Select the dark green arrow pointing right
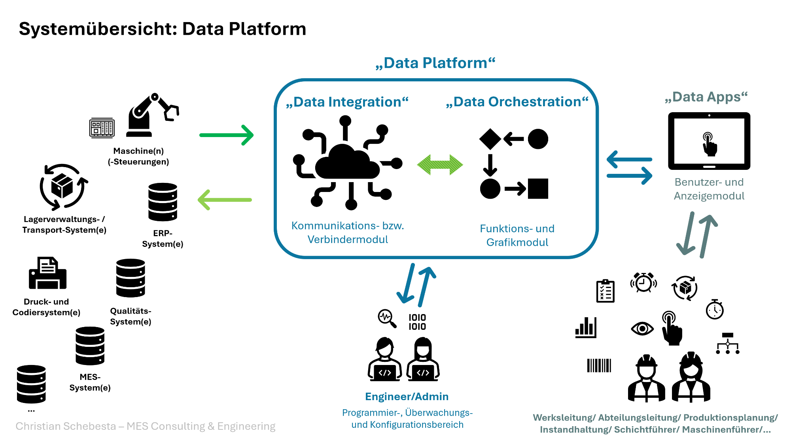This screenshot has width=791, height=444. tap(226, 135)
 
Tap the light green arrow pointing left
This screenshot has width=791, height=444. tap(225, 200)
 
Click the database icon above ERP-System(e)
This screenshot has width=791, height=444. tap(163, 202)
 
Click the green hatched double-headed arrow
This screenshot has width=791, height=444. tap(440, 165)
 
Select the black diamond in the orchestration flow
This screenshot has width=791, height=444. tap(490, 139)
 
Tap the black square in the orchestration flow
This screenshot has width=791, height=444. tap(538, 188)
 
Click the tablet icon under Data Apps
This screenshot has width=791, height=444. tap(709, 141)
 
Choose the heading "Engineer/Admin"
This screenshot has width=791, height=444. tap(407, 397)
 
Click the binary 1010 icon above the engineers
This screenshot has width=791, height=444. tap(417, 322)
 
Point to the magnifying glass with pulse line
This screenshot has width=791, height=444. tap(386, 318)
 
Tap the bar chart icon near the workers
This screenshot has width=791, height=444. tap(586, 327)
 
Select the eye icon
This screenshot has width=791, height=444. tap(642, 328)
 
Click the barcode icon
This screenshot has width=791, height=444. tap(599, 365)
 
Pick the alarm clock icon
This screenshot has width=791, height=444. tap(643, 282)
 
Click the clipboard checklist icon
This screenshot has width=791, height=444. tap(605, 291)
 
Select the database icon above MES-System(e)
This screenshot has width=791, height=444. tap(90, 346)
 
